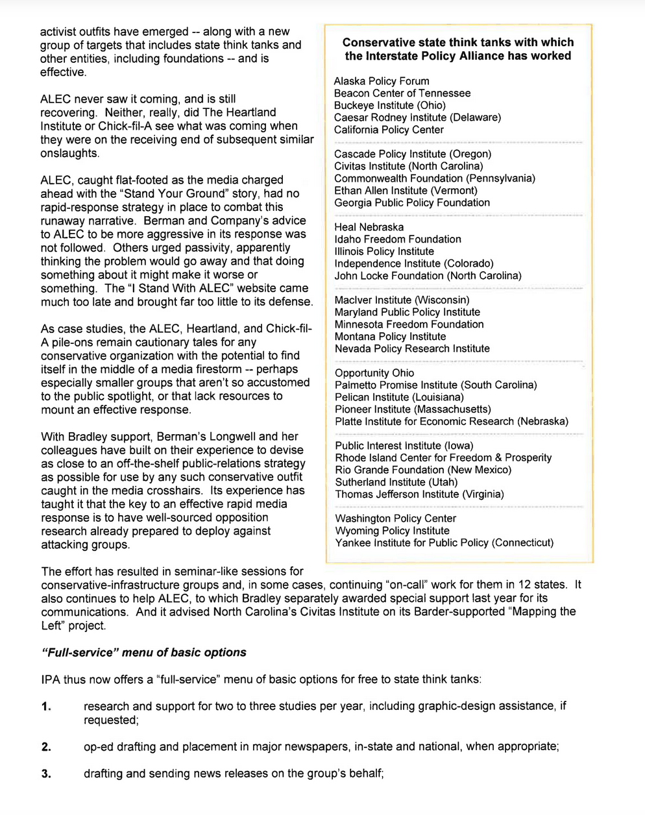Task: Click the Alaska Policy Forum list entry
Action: click(x=382, y=81)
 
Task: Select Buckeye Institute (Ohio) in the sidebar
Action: click(x=390, y=105)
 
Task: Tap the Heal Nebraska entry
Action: click(x=369, y=227)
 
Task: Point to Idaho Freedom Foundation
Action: click(x=398, y=239)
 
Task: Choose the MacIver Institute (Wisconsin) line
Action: click(x=402, y=300)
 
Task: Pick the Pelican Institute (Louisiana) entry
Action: click(x=399, y=397)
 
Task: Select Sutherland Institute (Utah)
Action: click(x=396, y=482)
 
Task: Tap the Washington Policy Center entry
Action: click(x=395, y=518)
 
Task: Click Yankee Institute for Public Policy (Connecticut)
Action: click(x=444, y=542)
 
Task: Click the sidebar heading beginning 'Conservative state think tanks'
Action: click(x=458, y=49)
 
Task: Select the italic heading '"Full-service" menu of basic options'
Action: click(x=143, y=653)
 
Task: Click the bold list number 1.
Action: click(x=46, y=707)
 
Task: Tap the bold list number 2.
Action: click(x=46, y=747)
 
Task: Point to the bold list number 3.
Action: click(x=46, y=773)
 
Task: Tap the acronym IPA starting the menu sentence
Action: click(x=51, y=680)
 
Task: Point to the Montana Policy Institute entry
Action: click(x=390, y=336)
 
